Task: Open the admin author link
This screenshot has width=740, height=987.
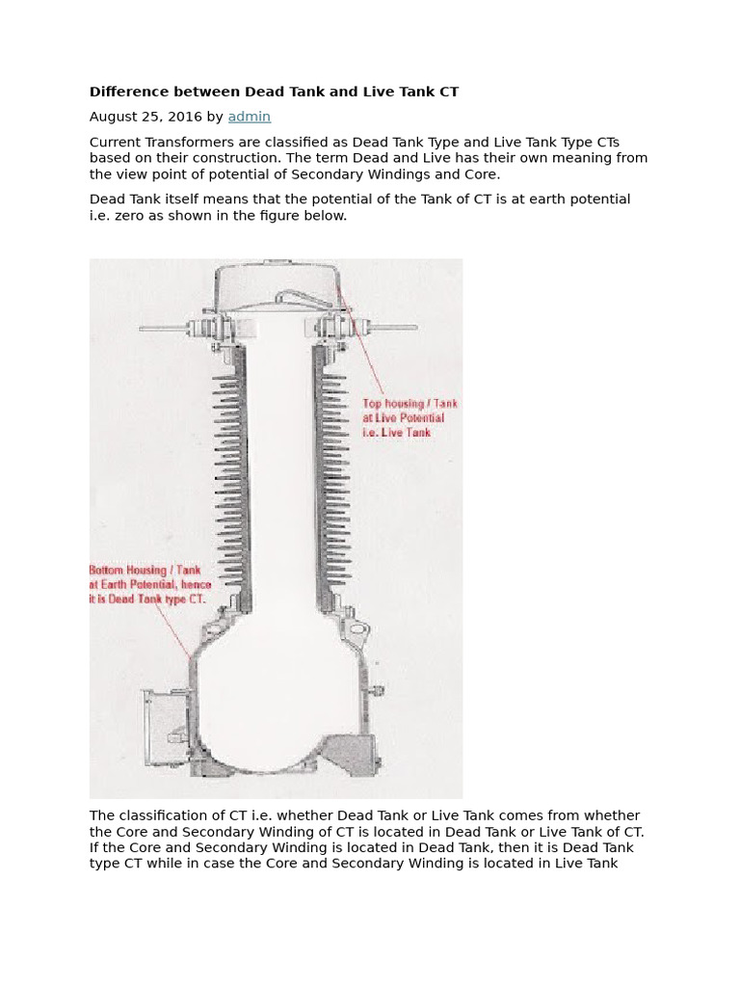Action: click(249, 117)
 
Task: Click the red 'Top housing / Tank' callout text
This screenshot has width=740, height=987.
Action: click(410, 404)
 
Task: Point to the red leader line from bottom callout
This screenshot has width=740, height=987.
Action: click(173, 631)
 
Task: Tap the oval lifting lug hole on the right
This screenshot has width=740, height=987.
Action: click(360, 630)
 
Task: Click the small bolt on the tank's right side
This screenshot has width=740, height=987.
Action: click(378, 690)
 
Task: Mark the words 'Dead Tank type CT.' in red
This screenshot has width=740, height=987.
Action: click(154, 599)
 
